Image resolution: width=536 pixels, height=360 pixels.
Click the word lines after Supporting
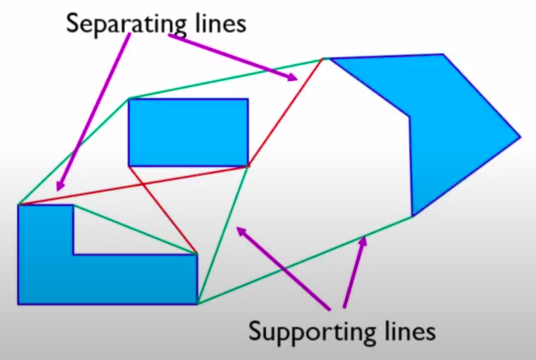[402, 331]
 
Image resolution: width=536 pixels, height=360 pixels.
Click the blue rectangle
[188, 132]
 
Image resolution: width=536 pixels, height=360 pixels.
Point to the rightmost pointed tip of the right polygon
[520, 137]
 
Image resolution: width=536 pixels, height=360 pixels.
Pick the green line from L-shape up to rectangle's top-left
[72, 152]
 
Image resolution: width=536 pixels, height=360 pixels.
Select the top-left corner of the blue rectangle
[129, 99]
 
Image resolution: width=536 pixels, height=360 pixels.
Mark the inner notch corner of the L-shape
[74, 253]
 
